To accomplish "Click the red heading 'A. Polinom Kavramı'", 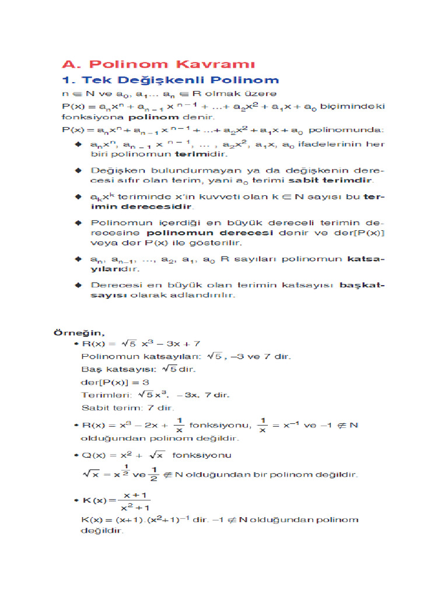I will (159, 64).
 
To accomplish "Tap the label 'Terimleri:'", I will (103, 395).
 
